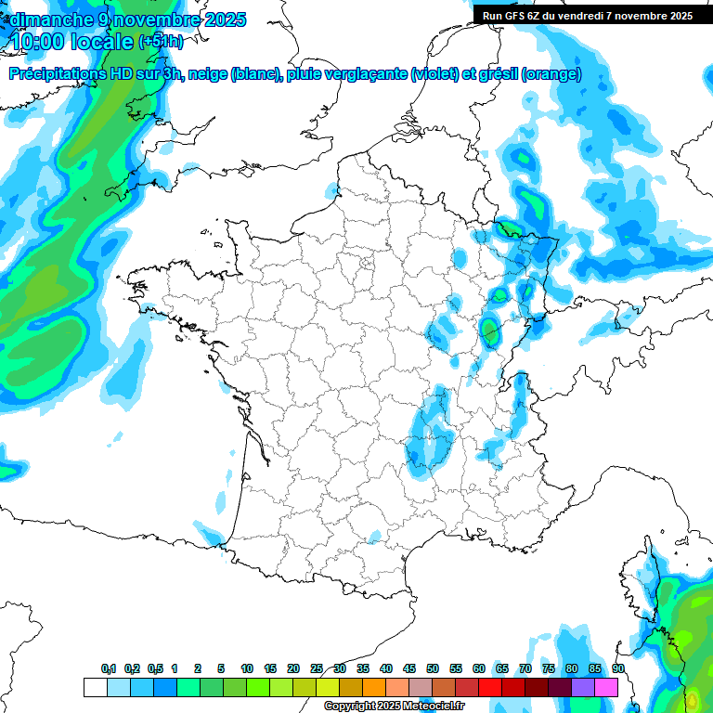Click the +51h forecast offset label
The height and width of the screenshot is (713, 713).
coord(162,42)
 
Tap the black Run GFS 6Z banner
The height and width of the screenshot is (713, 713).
coord(588,16)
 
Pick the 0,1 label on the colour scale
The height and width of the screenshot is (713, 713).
coord(109,669)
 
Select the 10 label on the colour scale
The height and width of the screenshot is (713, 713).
coord(247,669)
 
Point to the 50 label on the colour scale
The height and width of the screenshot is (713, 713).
coord(433,669)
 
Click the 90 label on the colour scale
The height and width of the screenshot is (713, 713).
coord(618,669)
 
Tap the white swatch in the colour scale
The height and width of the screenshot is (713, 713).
coord(95,687)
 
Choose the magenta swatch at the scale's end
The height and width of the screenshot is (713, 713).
coord(606,687)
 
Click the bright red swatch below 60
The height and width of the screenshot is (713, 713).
coord(490,687)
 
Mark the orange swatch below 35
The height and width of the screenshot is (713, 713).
coord(374,687)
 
